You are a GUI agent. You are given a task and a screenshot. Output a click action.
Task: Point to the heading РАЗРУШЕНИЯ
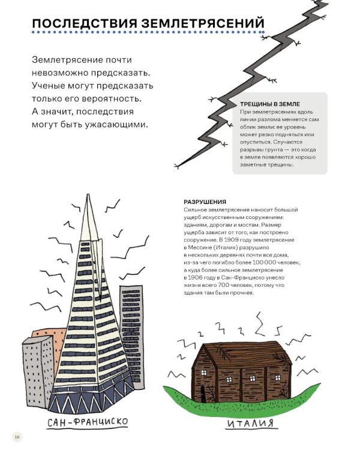tap(205, 202)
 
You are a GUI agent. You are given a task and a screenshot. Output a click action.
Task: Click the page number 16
tap(17, 436)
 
